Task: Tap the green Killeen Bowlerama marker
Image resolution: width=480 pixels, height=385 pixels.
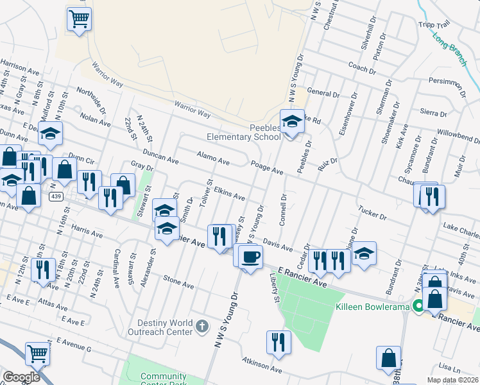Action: (418, 307)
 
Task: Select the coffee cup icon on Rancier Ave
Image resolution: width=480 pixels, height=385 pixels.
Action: (250, 257)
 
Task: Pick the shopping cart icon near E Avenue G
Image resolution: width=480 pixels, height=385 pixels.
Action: (38, 353)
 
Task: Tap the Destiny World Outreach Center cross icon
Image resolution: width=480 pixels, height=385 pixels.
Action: (201, 326)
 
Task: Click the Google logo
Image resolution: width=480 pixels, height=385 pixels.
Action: (21, 377)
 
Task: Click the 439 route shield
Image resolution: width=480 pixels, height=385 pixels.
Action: (58, 197)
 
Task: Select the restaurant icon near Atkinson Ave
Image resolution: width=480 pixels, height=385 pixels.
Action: (279, 341)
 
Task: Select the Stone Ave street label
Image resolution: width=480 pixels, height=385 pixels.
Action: (178, 281)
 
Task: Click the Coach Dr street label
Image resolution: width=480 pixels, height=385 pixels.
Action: (362, 68)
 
